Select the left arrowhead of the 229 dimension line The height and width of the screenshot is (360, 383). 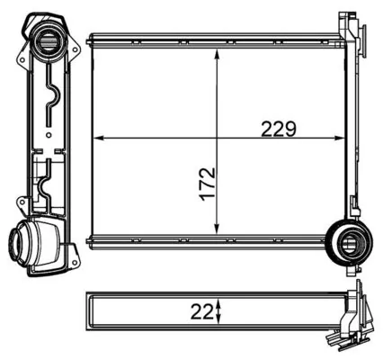99,138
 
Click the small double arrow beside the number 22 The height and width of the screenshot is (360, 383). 219,311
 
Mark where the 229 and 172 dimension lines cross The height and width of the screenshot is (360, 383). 217,138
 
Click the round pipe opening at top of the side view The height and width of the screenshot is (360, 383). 48,39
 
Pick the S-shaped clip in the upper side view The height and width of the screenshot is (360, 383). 51,98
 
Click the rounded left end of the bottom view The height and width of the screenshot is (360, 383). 89,311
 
